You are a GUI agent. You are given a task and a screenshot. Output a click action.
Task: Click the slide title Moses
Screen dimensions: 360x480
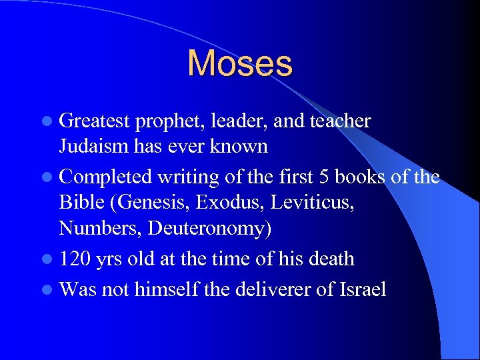(240, 63)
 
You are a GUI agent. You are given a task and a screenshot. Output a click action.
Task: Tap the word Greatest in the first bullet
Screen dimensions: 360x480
(94, 121)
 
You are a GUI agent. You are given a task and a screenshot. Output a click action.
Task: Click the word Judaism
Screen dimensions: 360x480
(92, 147)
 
